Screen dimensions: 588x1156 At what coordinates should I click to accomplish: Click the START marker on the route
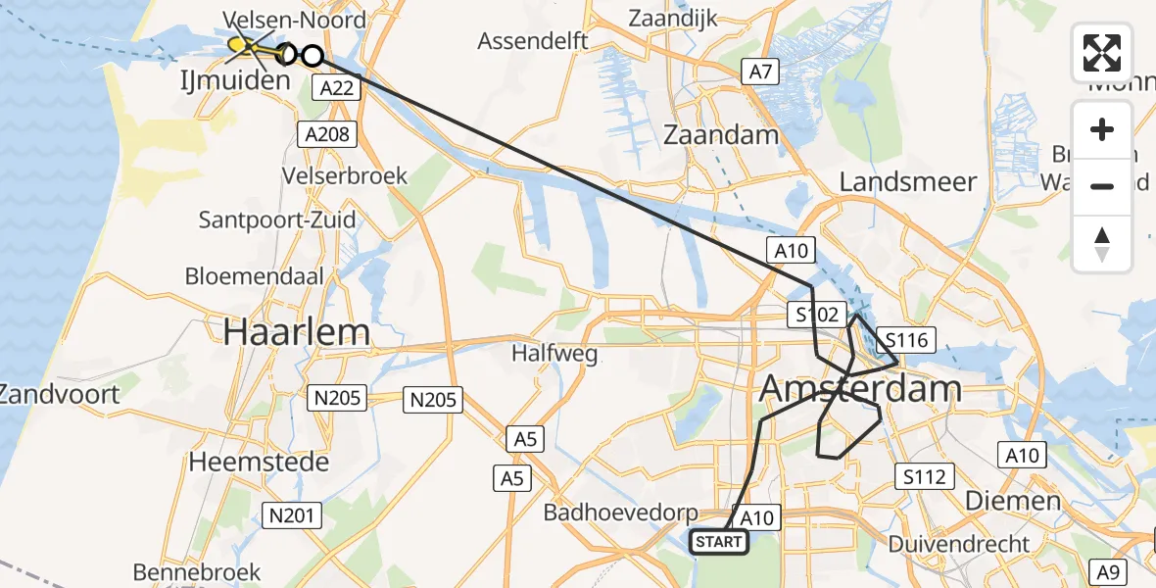click(x=719, y=541)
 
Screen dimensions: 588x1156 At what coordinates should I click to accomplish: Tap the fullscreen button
click(x=1102, y=53)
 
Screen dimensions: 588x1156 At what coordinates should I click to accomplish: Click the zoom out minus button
click(x=1102, y=186)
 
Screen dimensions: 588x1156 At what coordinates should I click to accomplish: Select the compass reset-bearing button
click(x=1102, y=243)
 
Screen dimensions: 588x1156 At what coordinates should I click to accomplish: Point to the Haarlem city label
click(x=296, y=332)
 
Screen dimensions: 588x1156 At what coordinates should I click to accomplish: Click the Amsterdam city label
click(x=860, y=389)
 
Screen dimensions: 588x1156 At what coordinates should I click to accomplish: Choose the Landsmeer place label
click(x=908, y=181)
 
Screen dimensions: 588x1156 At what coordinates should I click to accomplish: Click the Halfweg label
click(x=555, y=354)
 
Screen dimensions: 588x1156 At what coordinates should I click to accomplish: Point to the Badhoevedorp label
click(x=622, y=513)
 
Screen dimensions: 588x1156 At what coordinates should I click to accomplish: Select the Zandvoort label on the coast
click(x=59, y=395)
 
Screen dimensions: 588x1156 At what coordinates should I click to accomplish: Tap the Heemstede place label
click(x=259, y=462)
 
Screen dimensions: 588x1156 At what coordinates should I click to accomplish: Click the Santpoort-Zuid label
click(x=277, y=219)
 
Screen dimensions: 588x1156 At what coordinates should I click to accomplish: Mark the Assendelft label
click(x=533, y=41)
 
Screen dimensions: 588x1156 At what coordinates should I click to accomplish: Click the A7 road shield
click(x=760, y=71)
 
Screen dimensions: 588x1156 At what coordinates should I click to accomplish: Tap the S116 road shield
click(x=905, y=341)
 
